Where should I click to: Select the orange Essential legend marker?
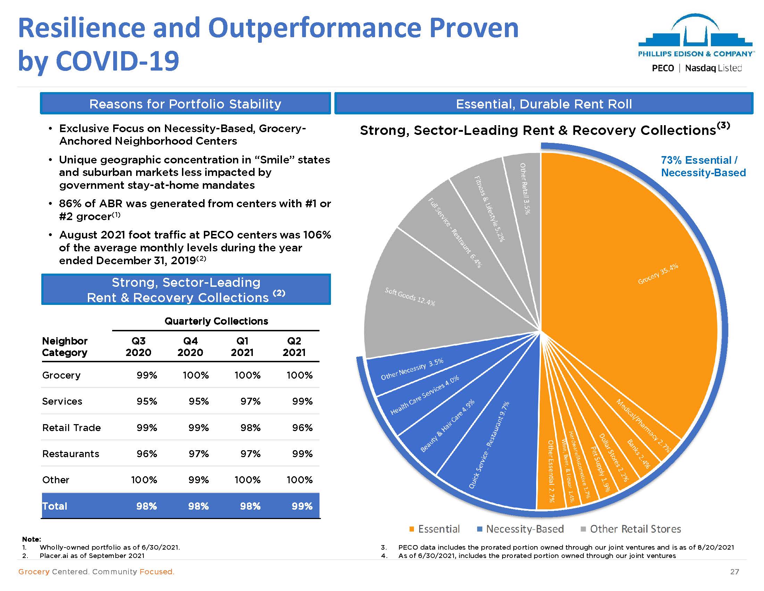pyautogui.click(x=412, y=529)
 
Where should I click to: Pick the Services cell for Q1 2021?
pyautogui.click(x=250, y=401)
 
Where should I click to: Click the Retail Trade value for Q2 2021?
pyautogui.click(x=302, y=428)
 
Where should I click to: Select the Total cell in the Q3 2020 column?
pyautogui.click(x=146, y=506)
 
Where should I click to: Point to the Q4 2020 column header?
pyautogui.click(x=190, y=347)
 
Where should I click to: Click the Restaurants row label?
pyautogui.click(x=70, y=454)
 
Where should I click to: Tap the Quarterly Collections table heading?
pyautogui.click(x=216, y=321)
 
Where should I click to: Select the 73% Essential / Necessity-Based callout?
pyautogui.click(x=703, y=166)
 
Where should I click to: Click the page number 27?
pyautogui.click(x=734, y=572)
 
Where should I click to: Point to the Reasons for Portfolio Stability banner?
pyautogui.click(x=185, y=104)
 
